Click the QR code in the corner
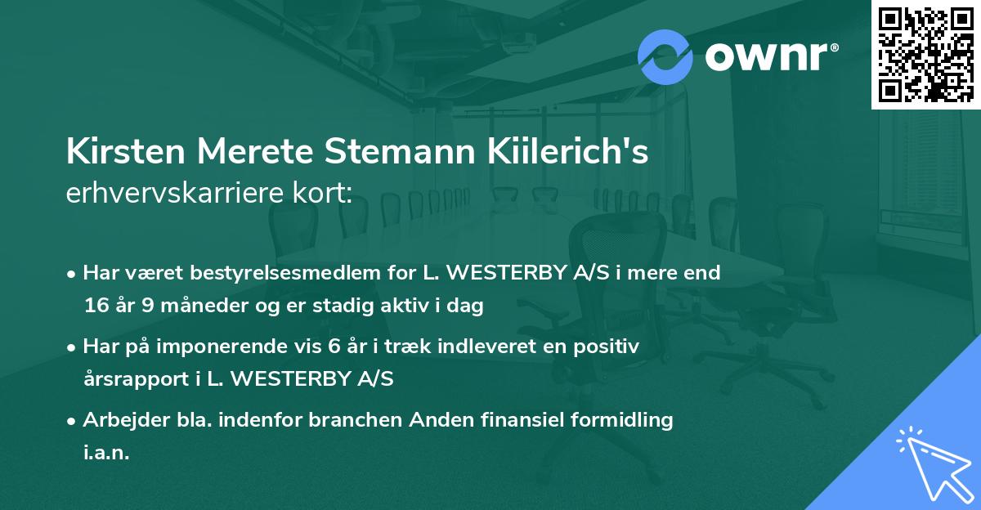click(x=925, y=54)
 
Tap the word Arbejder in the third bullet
click(x=119, y=420)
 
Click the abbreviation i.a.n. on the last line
click(x=106, y=453)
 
